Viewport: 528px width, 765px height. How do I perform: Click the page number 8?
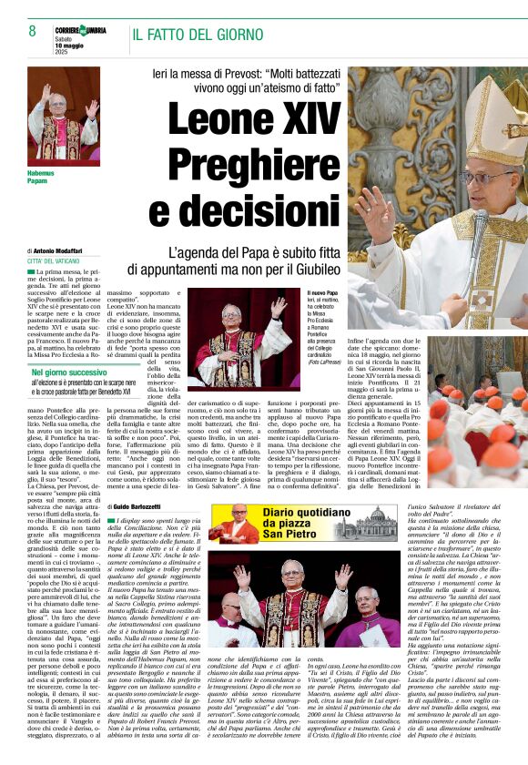pos(31,31)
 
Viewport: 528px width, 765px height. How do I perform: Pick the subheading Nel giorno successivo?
pos(69,372)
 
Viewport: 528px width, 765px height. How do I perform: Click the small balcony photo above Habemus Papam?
pos(64,114)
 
